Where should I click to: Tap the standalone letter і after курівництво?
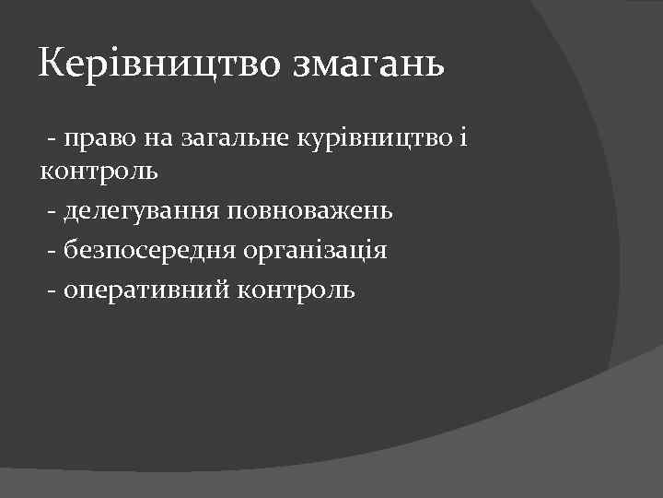click(464, 138)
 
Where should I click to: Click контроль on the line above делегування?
click(99, 172)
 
